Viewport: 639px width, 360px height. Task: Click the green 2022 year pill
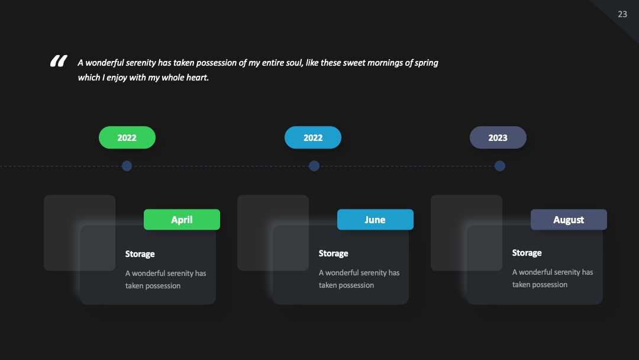[127, 137]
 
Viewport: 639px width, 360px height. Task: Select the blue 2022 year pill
[313, 137]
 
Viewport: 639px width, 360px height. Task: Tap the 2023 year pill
[498, 137]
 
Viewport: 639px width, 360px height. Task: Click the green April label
[182, 219]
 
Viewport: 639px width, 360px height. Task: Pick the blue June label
[375, 219]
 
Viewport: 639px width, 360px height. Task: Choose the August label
[569, 219]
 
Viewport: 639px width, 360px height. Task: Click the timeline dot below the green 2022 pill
[127, 166]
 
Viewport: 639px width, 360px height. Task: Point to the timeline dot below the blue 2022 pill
[314, 166]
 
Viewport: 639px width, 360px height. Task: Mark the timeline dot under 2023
[500, 166]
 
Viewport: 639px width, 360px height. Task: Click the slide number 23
[622, 14]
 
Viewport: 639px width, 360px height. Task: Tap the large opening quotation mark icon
[59, 61]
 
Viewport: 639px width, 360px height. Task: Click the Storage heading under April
[140, 254]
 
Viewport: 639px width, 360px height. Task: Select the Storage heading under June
[333, 253]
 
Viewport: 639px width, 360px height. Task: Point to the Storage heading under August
[527, 253]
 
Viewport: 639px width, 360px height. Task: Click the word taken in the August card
[521, 285]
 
